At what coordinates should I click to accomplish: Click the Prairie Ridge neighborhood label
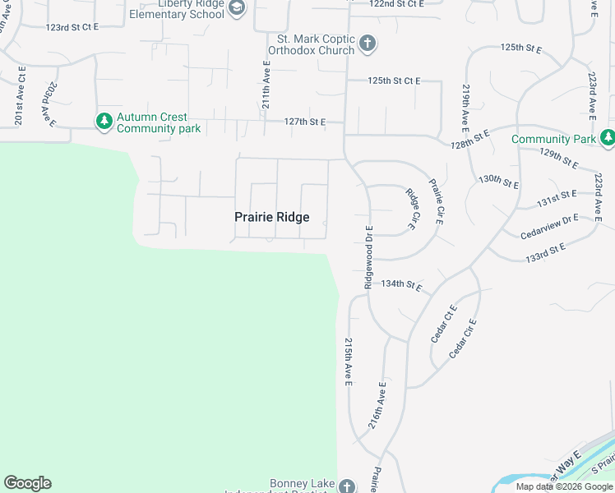(271, 217)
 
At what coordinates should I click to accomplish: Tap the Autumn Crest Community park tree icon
(104, 122)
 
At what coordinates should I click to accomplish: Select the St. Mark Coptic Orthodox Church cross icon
(368, 44)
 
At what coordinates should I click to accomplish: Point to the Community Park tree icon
(608, 139)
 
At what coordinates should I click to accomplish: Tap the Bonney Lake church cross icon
(348, 486)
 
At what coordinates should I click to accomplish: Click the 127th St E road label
(305, 122)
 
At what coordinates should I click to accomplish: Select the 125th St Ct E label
(394, 81)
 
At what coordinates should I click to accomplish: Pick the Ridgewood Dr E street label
(368, 256)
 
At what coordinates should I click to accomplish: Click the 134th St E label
(401, 285)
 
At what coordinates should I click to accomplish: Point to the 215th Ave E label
(349, 362)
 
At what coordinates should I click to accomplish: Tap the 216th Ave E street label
(379, 410)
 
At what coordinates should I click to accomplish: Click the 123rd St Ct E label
(72, 27)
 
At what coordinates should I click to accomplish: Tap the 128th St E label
(469, 138)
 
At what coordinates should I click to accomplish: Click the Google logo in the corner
(27, 483)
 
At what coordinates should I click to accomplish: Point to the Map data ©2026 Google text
(563, 486)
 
